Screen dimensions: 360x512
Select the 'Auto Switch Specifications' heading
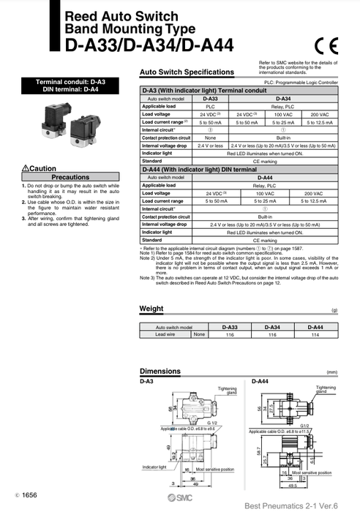pos(187,73)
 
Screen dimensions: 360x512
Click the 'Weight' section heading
pos(151,309)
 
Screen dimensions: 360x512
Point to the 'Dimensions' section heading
pos(160,372)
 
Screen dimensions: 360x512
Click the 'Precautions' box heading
pos(70,177)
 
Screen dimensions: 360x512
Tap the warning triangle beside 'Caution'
pos(26,168)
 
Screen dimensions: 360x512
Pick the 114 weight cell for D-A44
pos(315,334)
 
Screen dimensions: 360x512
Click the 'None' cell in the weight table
pos(198,334)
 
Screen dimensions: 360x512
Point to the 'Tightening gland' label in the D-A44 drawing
pos(326,389)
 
